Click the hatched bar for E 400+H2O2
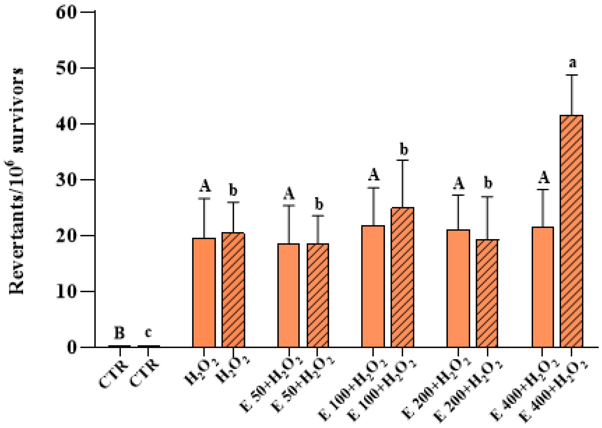click(571, 231)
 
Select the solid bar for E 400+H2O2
click(543, 287)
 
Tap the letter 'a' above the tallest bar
click(572, 63)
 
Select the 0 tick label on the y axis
click(71, 347)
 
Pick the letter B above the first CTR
click(119, 333)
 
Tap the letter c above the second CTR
click(148, 333)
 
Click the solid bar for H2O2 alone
click(204, 292)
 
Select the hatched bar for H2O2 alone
click(233, 290)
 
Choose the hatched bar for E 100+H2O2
click(402, 277)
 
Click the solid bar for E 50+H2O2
click(288, 295)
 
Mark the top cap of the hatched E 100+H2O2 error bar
click(402, 160)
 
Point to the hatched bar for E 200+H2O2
click(487, 293)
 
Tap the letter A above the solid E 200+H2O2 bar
click(458, 183)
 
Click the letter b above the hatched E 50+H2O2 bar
click(319, 204)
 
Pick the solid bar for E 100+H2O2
click(373, 286)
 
